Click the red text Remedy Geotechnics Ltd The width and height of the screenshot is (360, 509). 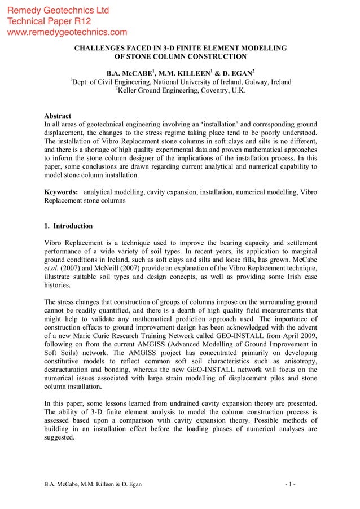point(58,11)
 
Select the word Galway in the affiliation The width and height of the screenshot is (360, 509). point(249,82)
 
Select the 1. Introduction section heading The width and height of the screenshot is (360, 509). point(68,226)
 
